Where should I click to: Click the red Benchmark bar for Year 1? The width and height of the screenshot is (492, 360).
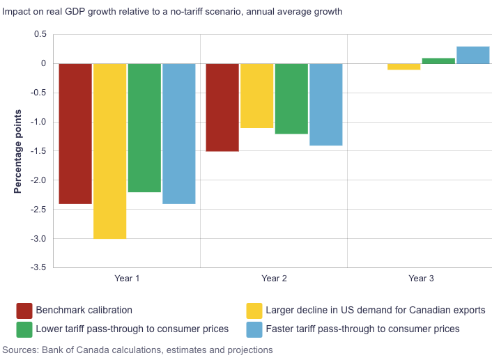[x=75, y=134]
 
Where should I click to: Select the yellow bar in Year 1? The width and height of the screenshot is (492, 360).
[x=109, y=151]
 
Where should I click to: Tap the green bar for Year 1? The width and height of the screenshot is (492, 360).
[x=144, y=127]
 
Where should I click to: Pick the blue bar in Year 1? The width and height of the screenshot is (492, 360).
[x=179, y=134]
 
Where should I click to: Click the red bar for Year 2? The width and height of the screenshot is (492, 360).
[x=222, y=107]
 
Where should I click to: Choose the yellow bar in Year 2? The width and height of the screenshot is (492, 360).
[x=256, y=95]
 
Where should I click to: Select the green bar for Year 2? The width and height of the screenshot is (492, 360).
[x=291, y=98]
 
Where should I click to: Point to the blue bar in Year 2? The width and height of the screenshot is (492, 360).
[x=325, y=104]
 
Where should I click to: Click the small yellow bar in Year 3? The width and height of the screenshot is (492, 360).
[x=403, y=67]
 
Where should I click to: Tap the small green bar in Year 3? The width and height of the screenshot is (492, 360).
[x=438, y=61]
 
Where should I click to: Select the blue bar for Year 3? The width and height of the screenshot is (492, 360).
[x=472, y=55]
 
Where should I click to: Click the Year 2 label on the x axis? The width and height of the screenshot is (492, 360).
[x=274, y=279]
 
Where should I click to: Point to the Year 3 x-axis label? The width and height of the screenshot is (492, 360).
[x=421, y=279]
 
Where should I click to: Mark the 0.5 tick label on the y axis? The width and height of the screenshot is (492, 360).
[x=40, y=34]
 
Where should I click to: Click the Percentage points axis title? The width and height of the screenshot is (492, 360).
[x=18, y=151]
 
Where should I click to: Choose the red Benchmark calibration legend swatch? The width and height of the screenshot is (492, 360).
[x=24, y=310]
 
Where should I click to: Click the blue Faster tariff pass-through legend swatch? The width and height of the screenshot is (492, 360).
[x=254, y=328]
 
